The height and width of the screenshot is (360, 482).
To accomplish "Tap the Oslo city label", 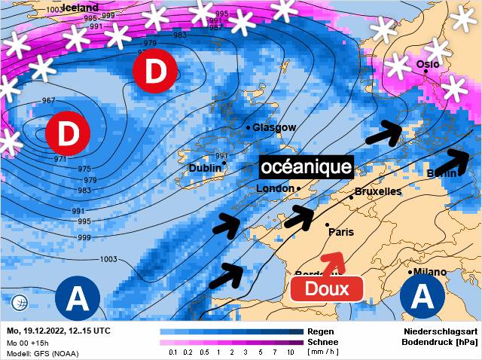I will [428, 64].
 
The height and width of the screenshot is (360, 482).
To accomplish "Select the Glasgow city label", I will [274, 127].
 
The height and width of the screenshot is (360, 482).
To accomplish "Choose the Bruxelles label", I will [377, 191].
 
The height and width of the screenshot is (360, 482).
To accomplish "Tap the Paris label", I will [341, 232].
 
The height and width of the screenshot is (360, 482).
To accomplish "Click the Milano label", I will [429, 271].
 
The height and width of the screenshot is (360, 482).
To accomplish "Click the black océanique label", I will [306, 166].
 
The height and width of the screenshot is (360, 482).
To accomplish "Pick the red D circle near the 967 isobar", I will [68, 134].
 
